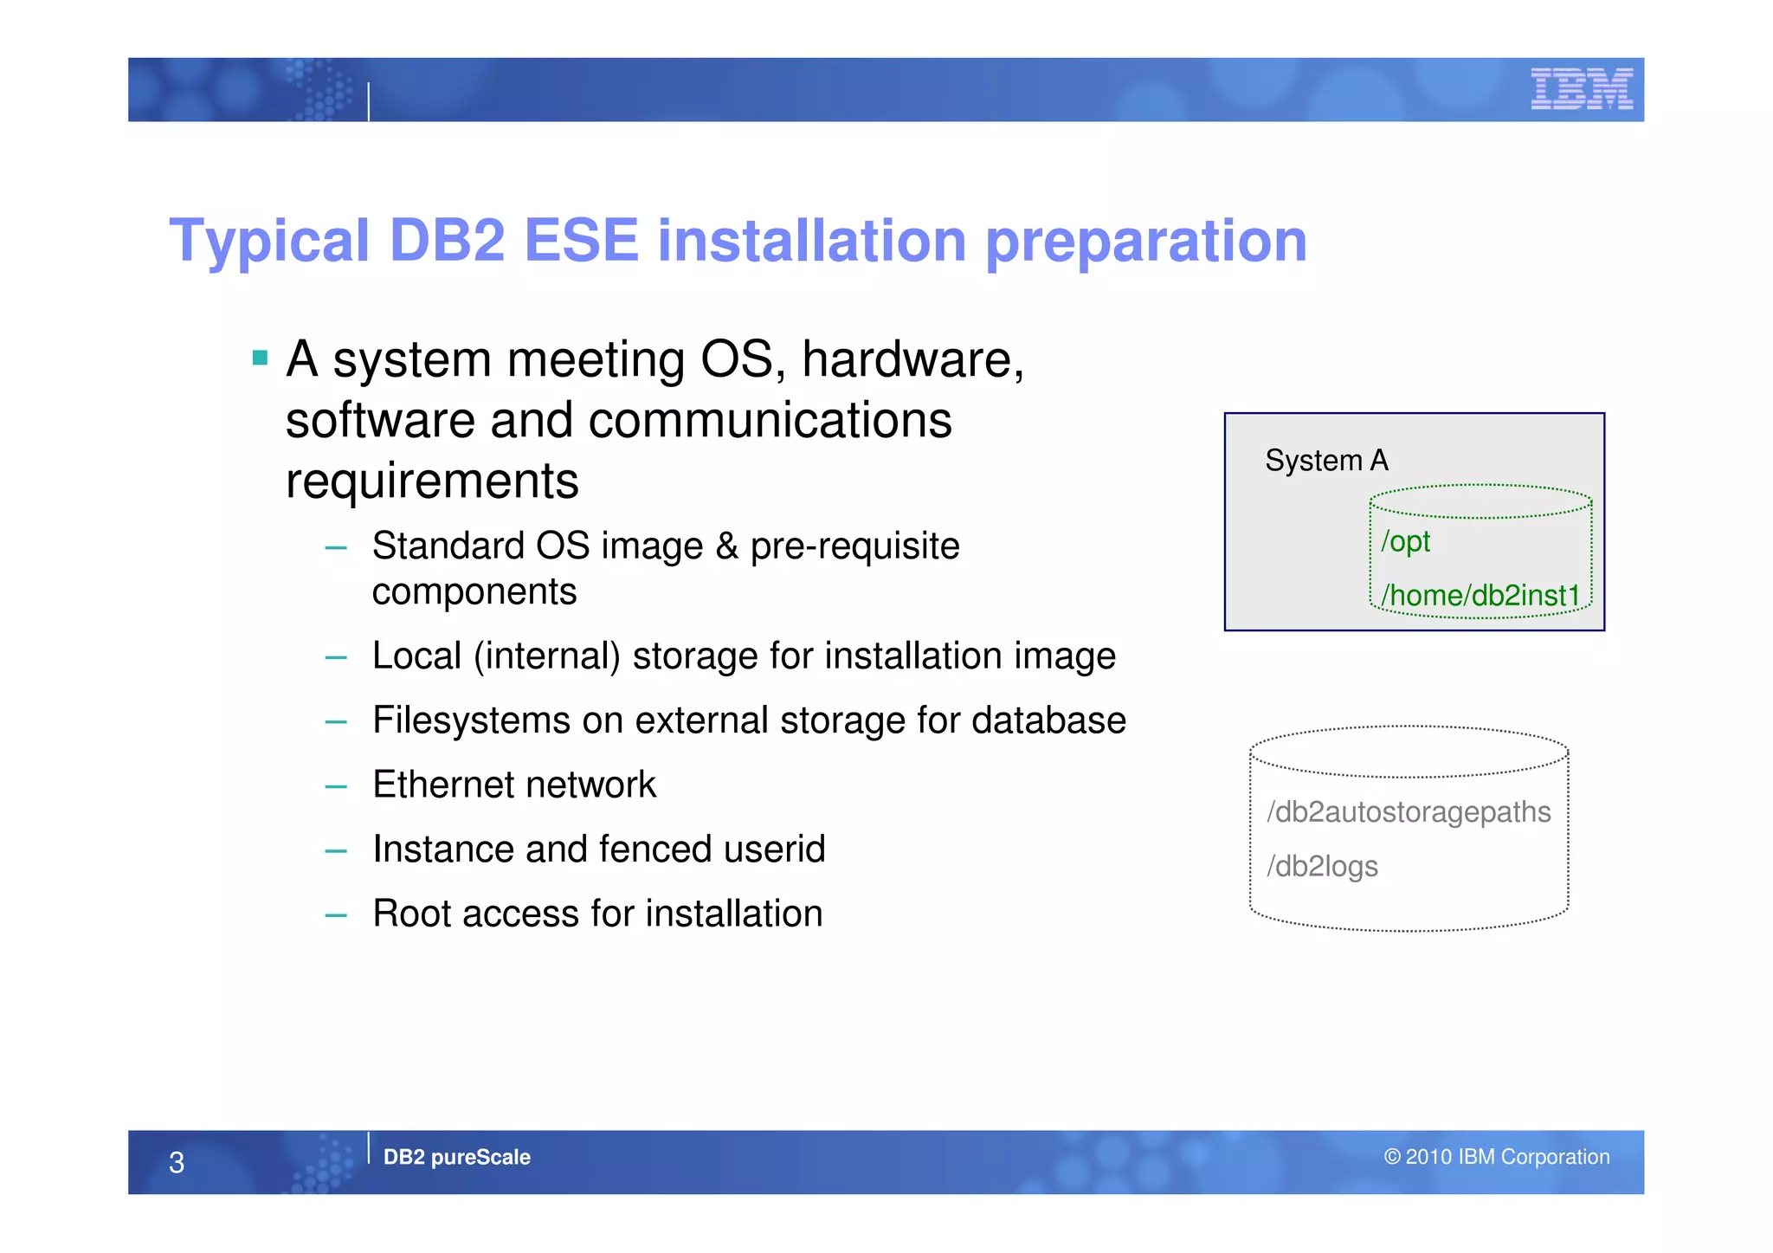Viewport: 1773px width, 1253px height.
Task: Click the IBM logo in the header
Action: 1581,89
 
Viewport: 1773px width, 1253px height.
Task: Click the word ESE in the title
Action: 581,241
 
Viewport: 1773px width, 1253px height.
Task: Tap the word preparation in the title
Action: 1146,242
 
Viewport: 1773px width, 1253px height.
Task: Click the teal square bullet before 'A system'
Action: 260,358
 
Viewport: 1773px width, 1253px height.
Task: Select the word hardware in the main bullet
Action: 912,359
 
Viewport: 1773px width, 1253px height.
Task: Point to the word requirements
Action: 432,481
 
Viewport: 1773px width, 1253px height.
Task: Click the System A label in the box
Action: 1326,461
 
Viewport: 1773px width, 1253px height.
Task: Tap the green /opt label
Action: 1405,542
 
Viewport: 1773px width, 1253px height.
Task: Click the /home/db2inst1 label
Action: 1480,596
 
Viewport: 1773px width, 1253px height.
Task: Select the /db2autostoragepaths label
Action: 1409,812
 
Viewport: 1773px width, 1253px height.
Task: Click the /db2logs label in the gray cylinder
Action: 1322,867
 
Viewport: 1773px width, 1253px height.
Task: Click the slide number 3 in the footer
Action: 177,1163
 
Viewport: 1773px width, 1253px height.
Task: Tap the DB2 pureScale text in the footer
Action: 456,1158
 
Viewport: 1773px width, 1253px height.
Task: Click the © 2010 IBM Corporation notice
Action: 1496,1158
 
